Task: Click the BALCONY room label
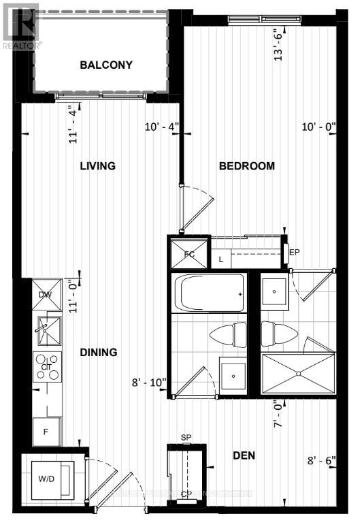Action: [x=105, y=65]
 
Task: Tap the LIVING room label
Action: [x=97, y=166]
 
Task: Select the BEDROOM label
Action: [x=246, y=166]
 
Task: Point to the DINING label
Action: [x=98, y=353]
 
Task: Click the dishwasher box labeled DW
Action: [x=46, y=295]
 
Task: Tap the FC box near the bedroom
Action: [x=189, y=253]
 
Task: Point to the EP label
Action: [x=295, y=253]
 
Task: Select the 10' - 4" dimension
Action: [x=161, y=126]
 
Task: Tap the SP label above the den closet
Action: [x=185, y=437]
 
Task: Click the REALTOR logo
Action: [x=21, y=25]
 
